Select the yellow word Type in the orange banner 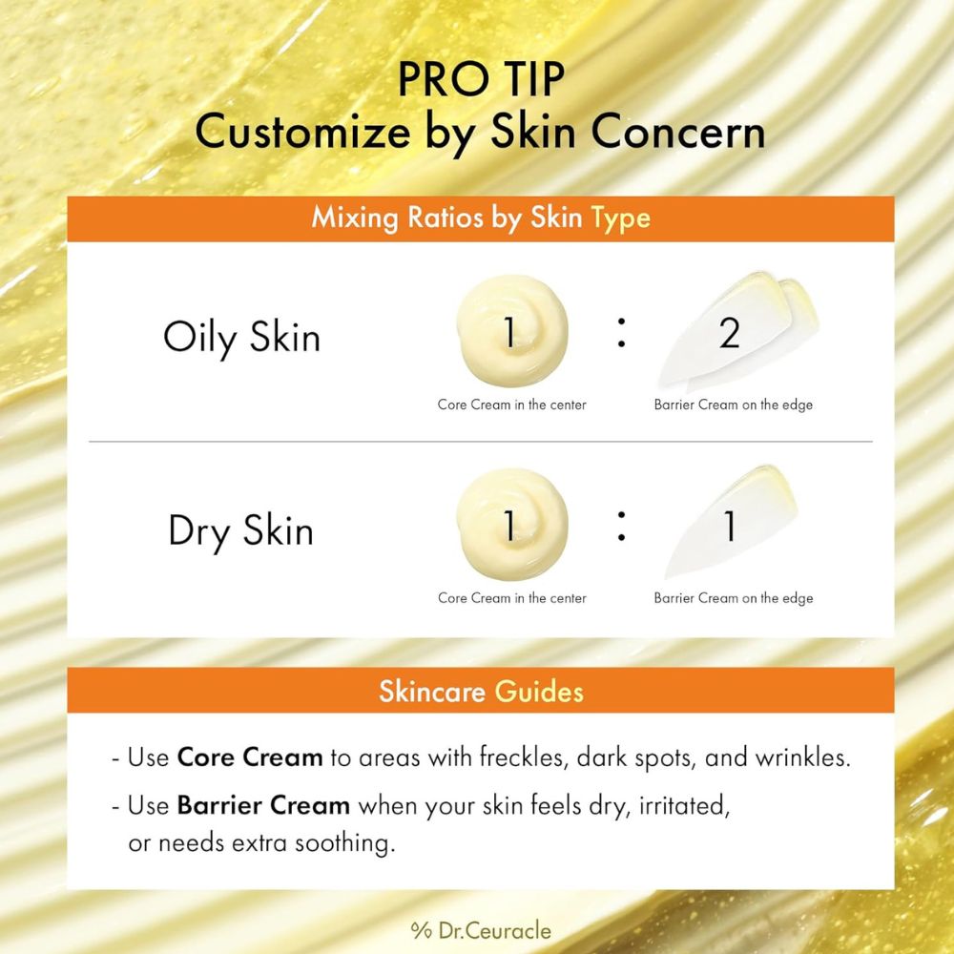click(x=620, y=218)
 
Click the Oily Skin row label click(x=241, y=337)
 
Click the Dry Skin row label click(x=240, y=530)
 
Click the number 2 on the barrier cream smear click(x=730, y=334)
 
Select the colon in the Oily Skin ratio click(x=621, y=332)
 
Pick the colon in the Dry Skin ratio click(x=621, y=526)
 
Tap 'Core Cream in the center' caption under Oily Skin click(x=511, y=404)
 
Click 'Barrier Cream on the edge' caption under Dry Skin click(x=733, y=598)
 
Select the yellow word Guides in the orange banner click(x=538, y=691)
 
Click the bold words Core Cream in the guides click(x=250, y=758)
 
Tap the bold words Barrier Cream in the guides click(x=263, y=805)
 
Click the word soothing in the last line click(x=342, y=843)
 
